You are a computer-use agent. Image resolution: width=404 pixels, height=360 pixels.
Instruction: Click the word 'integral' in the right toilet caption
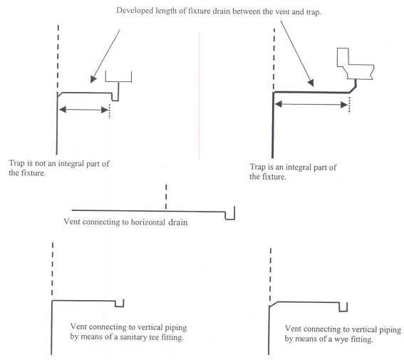point(301,167)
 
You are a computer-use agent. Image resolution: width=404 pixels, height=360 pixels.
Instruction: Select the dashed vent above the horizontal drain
point(166,197)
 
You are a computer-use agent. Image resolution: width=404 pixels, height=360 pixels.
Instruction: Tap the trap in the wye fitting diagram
point(343,307)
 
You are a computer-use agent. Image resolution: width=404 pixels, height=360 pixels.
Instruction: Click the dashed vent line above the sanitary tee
point(52,267)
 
